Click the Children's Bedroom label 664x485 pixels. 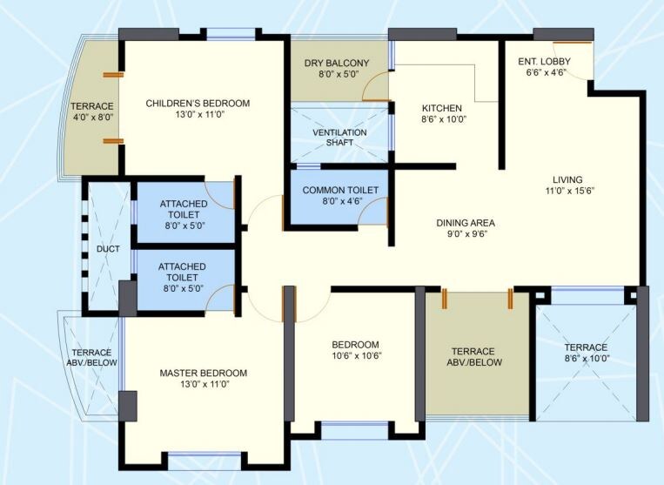pyautogui.click(x=198, y=104)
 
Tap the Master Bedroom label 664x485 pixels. pyautogui.click(x=203, y=374)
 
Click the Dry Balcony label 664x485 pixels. pyautogui.click(x=336, y=64)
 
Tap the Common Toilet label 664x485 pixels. pyautogui.click(x=340, y=191)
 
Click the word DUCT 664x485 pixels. pyautogui.click(x=108, y=249)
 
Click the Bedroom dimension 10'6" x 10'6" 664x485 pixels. pyautogui.click(x=355, y=355)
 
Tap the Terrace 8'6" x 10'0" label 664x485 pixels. pyautogui.click(x=585, y=347)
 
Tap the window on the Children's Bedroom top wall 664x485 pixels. pyautogui.click(x=231, y=35)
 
